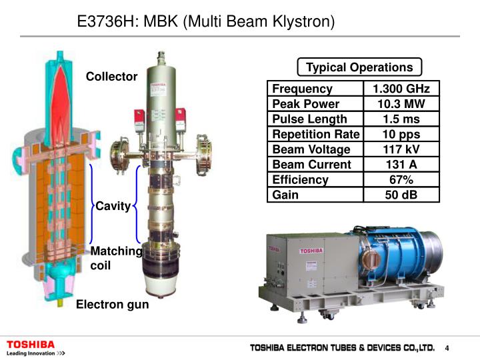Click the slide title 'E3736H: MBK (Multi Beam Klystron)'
click(x=205, y=21)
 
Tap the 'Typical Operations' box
click(x=359, y=67)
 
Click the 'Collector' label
click(x=111, y=77)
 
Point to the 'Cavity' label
click(x=113, y=206)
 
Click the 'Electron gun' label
click(x=112, y=305)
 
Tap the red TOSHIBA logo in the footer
click(x=31, y=344)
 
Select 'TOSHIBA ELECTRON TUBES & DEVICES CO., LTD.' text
click(x=342, y=348)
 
